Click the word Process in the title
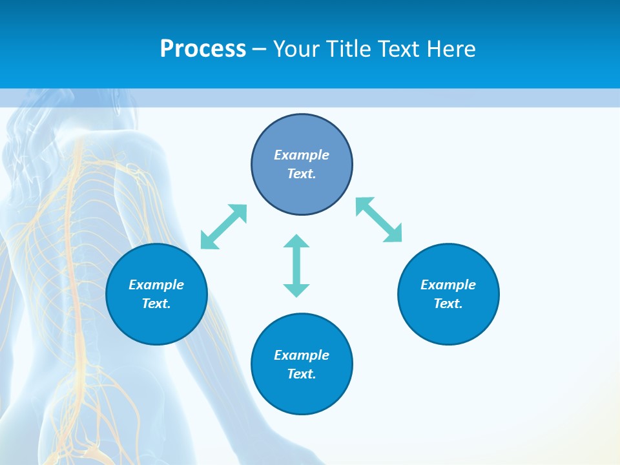(203, 49)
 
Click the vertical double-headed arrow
(296, 266)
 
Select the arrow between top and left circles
(224, 227)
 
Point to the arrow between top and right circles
(379, 220)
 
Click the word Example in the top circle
(302, 155)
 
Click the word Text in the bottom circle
(300, 374)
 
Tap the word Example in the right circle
(448, 285)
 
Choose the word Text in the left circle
(156, 304)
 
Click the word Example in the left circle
(156, 285)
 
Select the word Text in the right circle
(447, 304)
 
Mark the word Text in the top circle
(300, 174)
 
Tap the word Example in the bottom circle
(302, 355)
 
